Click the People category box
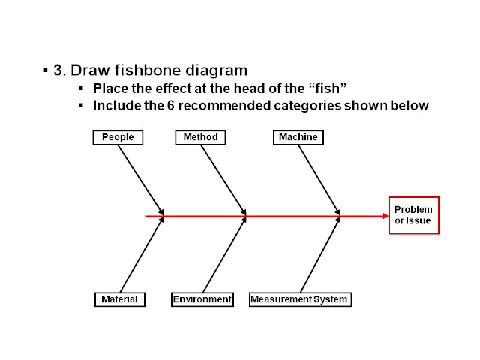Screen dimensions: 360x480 (x=118, y=137)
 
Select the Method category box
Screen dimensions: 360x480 (x=200, y=137)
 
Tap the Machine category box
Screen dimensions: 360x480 (x=298, y=137)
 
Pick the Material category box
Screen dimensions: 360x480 (x=119, y=299)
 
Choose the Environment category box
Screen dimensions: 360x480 (x=202, y=299)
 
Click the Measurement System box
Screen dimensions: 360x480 (x=299, y=299)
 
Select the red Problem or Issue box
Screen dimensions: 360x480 (x=413, y=215)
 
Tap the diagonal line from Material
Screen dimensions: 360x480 (x=141, y=255)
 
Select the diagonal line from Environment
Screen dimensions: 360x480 (x=224, y=255)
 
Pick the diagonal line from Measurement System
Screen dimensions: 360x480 (x=320, y=255)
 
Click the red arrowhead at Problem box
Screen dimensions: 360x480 (x=384, y=216)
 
